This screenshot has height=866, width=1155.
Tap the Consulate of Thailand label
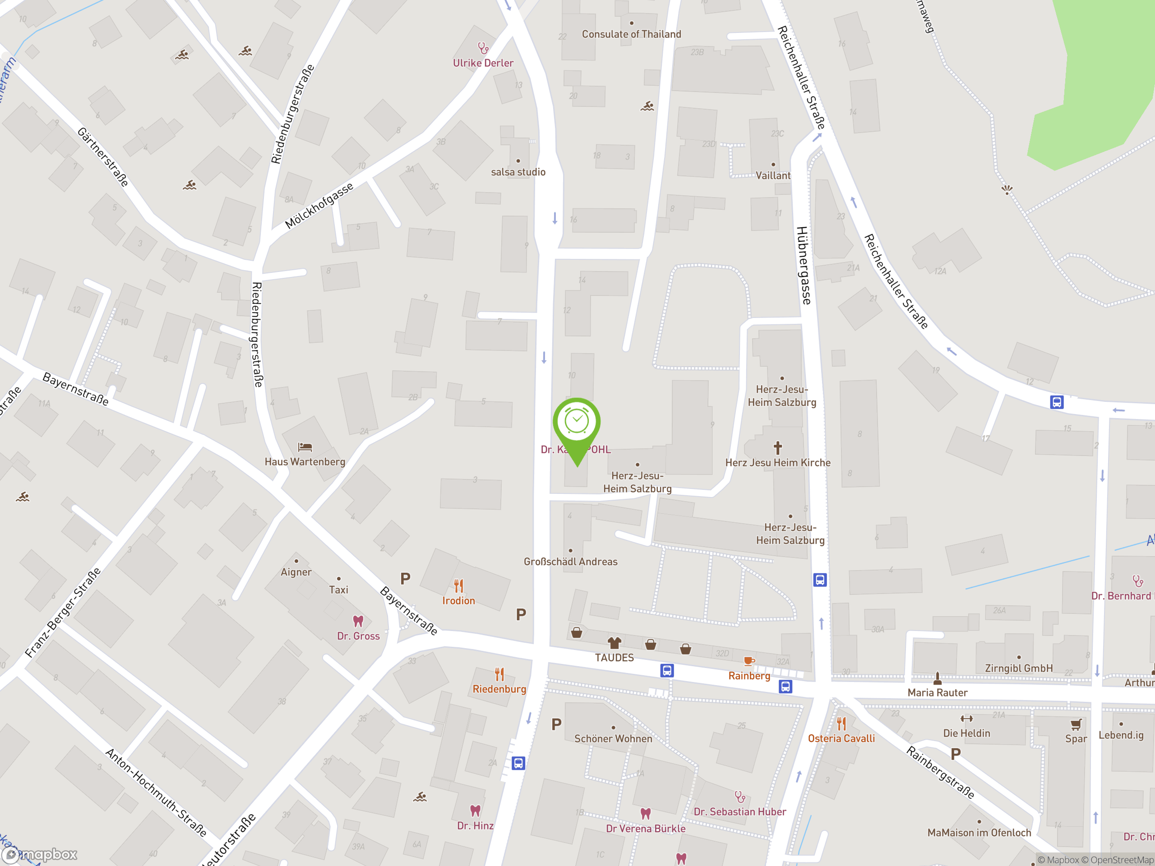(x=631, y=34)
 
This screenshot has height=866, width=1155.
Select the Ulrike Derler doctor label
(x=483, y=63)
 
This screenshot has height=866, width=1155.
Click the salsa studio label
(x=518, y=172)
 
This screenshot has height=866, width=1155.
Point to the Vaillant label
(x=773, y=175)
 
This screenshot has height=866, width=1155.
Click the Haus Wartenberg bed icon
(x=305, y=447)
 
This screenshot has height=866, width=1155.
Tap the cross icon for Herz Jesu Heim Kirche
(x=777, y=447)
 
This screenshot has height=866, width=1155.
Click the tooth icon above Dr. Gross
(x=358, y=621)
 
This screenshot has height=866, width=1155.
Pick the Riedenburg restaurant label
(x=499, y=689)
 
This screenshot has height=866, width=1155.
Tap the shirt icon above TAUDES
(x=614, y=643)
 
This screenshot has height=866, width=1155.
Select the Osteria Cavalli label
(x=841, y=738)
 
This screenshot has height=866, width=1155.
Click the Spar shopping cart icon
(x=1076, y=724)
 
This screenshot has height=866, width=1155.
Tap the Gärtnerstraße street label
(x=103, y=156)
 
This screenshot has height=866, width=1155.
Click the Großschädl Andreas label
(x=570, y=562)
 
